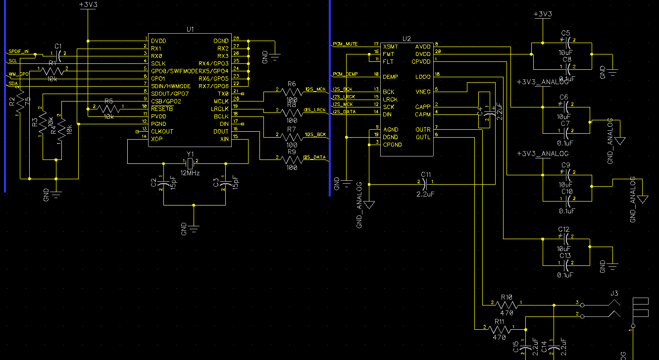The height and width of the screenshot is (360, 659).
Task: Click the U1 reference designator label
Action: pos(190,29)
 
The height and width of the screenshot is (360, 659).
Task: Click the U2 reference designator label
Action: pos(406,38)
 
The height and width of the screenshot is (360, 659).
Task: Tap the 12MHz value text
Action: pos(190,173)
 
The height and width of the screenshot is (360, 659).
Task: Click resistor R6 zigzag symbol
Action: pos(292,92)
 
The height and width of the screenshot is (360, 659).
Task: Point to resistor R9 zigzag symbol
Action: pos(292,159)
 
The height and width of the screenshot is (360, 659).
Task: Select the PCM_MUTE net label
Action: pos(345,44)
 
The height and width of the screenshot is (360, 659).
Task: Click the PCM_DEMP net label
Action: pos(345,74)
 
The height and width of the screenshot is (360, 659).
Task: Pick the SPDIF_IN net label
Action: pos(19,51)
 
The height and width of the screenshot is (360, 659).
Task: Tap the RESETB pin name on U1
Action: pos(162,108)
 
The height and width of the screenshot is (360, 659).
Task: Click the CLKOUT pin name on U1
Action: pos(162,131)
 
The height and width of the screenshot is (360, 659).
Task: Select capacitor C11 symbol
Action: pos(426,183)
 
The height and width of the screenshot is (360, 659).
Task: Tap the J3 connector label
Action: pos(614,293)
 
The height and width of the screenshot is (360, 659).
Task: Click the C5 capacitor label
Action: pos(566,33)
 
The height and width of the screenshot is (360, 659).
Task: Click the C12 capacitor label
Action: pos(564,230)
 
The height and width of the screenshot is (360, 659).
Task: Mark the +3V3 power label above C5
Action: pos(543,14)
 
